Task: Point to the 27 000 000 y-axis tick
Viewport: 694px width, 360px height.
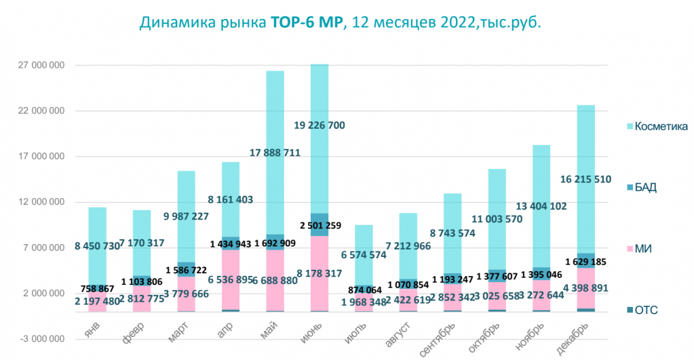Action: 41,65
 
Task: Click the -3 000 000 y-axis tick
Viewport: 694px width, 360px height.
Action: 41,339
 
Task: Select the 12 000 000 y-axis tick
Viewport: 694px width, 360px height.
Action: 41,202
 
